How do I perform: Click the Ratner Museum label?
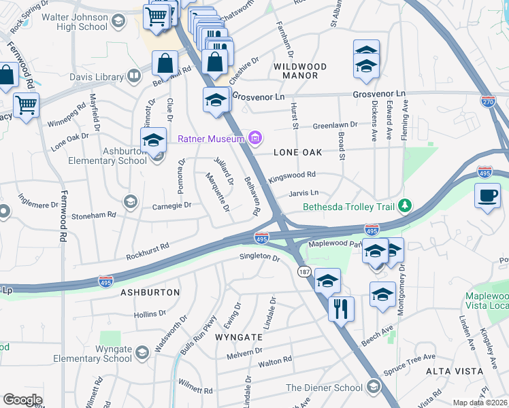tap(211, 139)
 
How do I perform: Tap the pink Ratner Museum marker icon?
tap(255, 139)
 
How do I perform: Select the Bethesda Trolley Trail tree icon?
tap(404, 205)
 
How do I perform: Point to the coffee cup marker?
tap(487, 196)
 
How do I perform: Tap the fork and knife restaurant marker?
tap(341, 309)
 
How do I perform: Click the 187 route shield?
tap(304, 271)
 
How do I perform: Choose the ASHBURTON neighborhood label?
tap(150, 292)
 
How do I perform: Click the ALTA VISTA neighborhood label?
tap(455, 371)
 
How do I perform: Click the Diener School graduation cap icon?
tap(372, 387)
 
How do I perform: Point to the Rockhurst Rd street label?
tap(148, 252)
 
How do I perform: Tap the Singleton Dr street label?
tap(259, 258)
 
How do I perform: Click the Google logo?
tap(22, 400)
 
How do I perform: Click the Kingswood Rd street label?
tap(293, 175)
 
